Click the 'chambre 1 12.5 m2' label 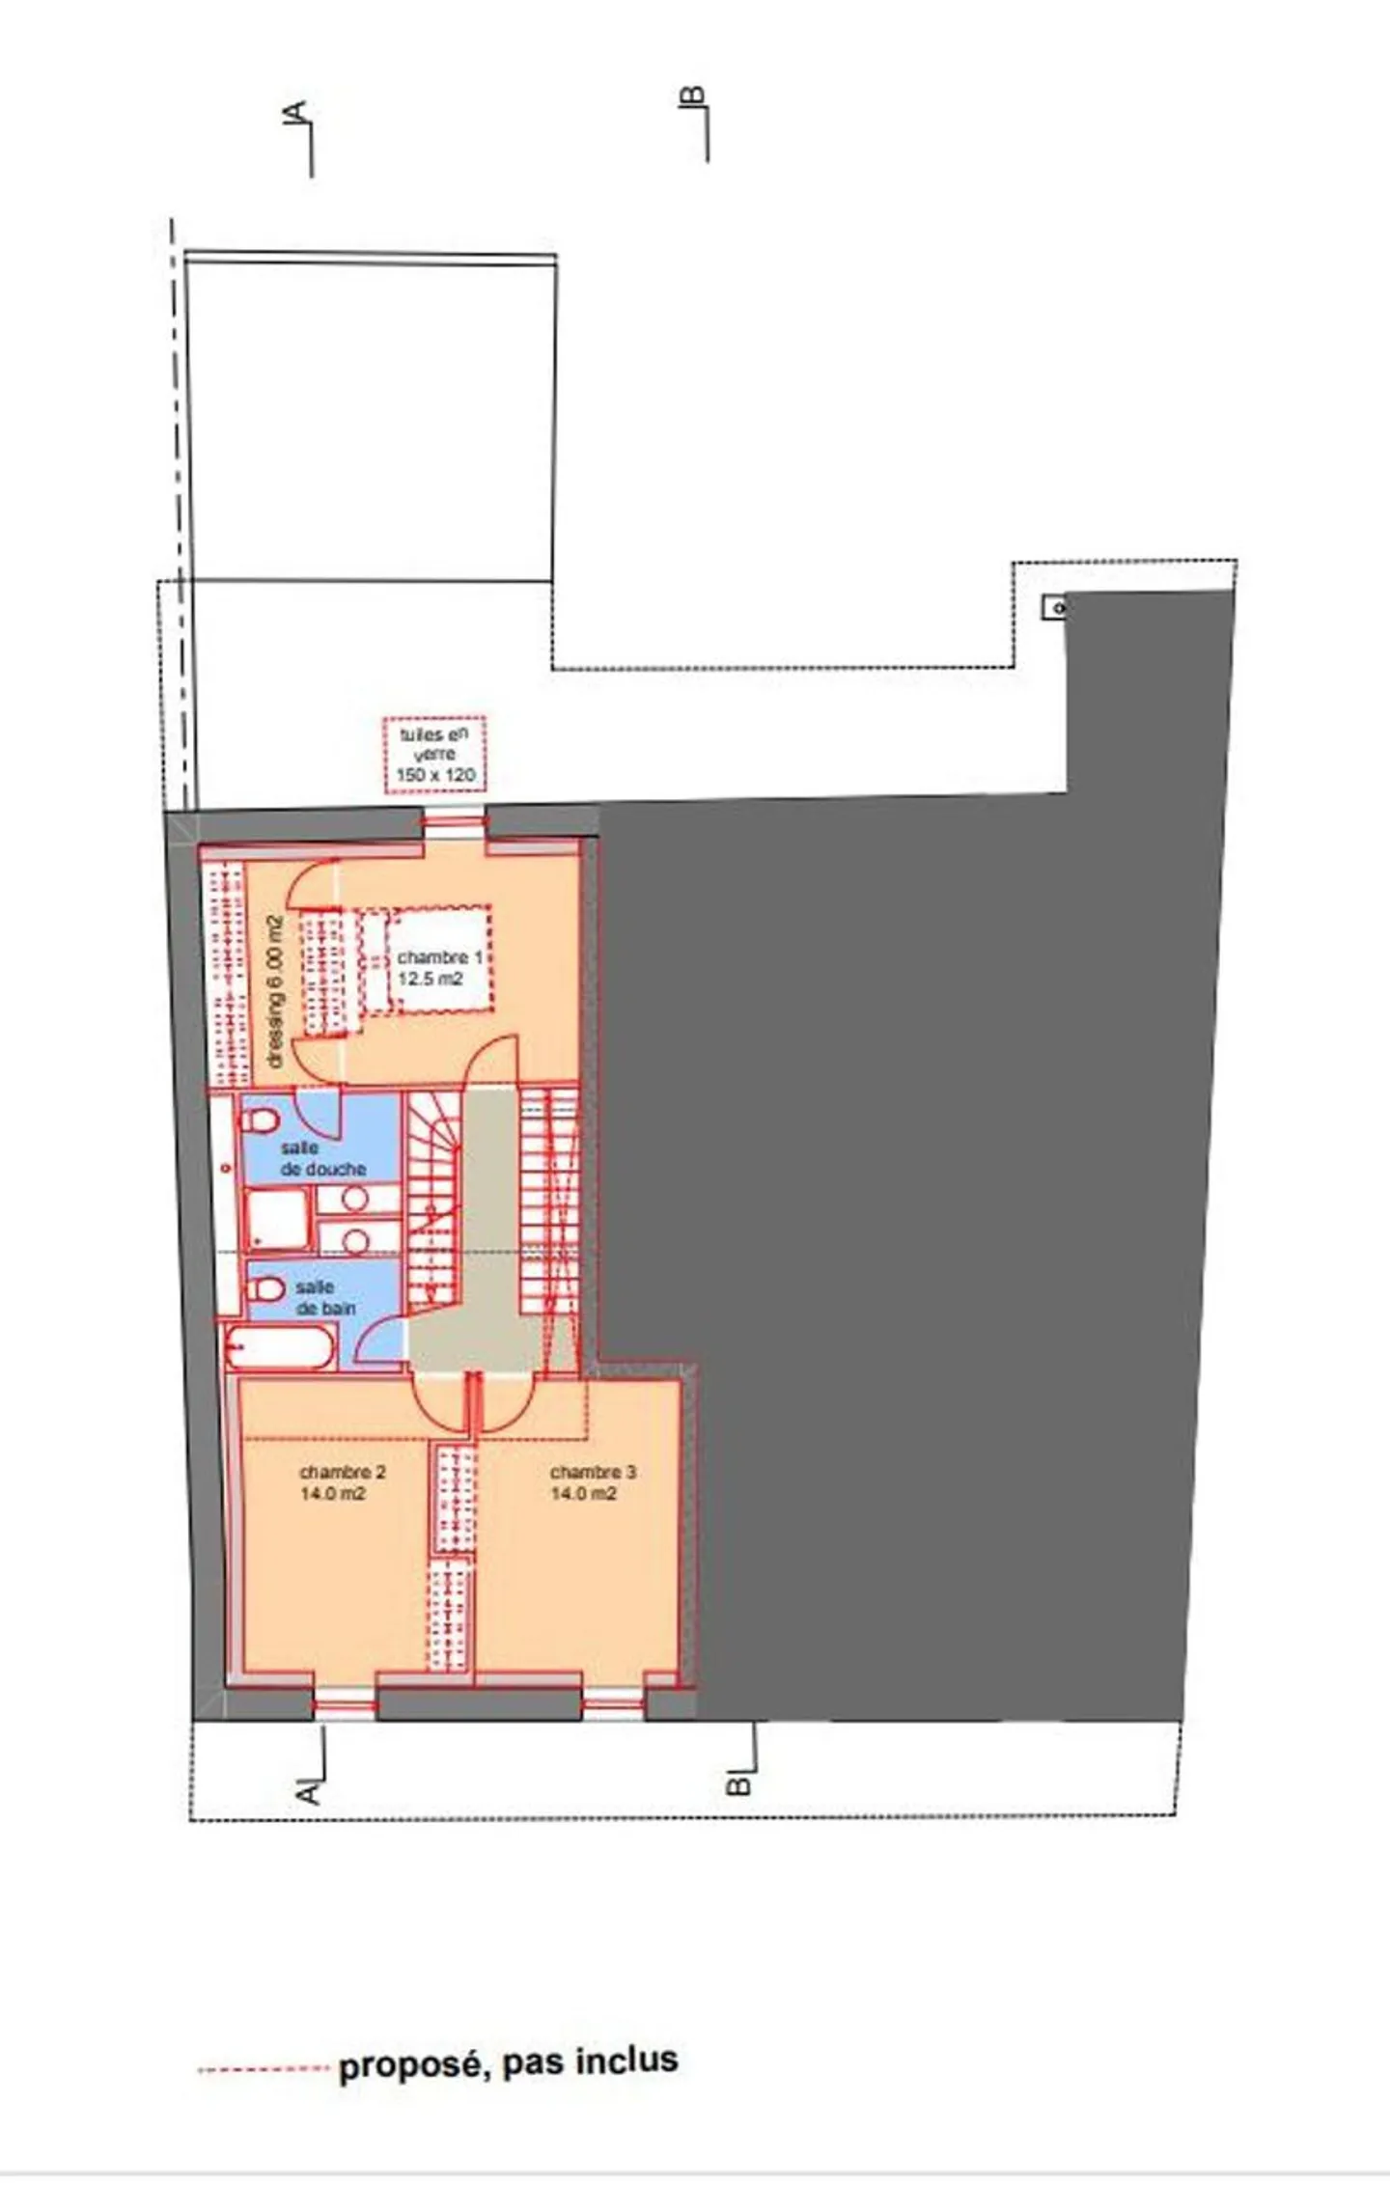[x=439, y=968]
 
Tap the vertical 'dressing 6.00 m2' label [x=276, y=991]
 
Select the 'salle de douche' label [x=321, y=1158]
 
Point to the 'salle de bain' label [x=324, y=1298]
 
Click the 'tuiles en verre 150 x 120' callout [x=434, y=755]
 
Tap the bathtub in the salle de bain [x=280, y=1346]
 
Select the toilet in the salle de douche [x=259, y=1120]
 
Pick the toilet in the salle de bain [x=265, y=1288]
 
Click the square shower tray [x=278, y=1218]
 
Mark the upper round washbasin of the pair [x=355, y=1199]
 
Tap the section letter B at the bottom [x=737, y=1785]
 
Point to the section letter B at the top [x=692, y=97]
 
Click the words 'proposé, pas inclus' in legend [x=508, y=2062]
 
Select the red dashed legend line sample [x=263, y=2068]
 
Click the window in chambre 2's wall [x=345, y=1704]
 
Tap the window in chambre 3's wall [x=613, y=1704]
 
